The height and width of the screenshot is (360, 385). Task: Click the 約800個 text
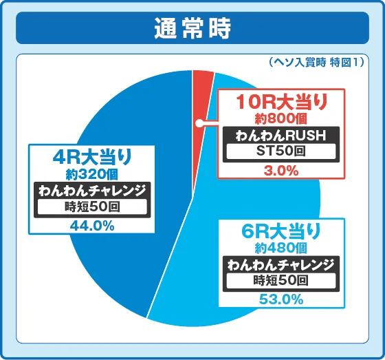point(281,119)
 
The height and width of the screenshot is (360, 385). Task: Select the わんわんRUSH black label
point(281,135)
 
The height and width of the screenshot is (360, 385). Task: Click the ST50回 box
point(281,151)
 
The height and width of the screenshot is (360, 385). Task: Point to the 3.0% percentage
point(281,167)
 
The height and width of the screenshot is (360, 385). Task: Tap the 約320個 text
point(91,174)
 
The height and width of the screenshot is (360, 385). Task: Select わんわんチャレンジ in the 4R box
point(91,190)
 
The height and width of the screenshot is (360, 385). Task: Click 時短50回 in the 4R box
point(91,207)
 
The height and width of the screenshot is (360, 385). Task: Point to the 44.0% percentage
point(91,224)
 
